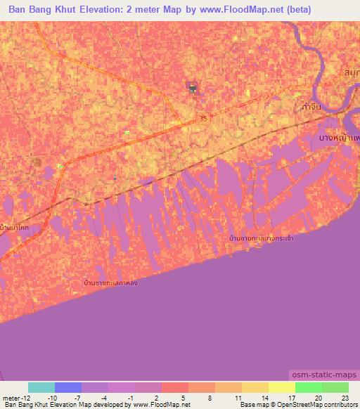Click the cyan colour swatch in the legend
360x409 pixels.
coord(41,387)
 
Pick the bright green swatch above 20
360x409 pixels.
coord(308,387)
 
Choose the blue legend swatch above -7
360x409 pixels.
coord(68,387)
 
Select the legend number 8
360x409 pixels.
coord(210,397)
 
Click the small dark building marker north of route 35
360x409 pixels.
coord(191,88)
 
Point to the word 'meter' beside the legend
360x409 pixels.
coord(11,397)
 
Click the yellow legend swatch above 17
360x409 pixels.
coord(281,387)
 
